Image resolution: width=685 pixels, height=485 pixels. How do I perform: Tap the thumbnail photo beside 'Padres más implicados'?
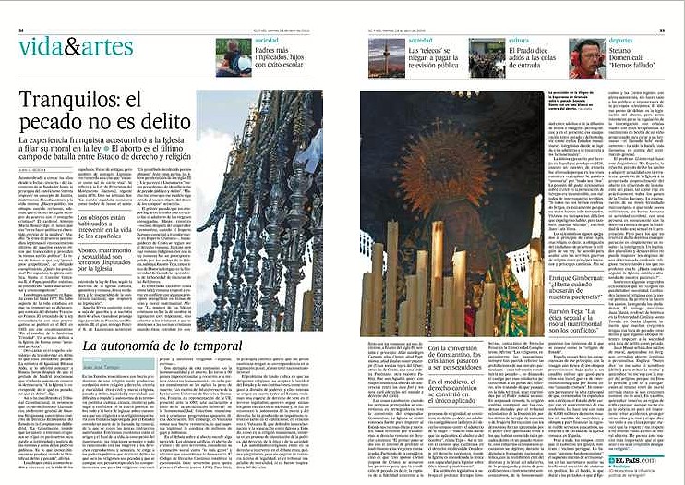(x=234, y=57)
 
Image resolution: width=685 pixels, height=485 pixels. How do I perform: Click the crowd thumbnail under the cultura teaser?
(x=487, y=59)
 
